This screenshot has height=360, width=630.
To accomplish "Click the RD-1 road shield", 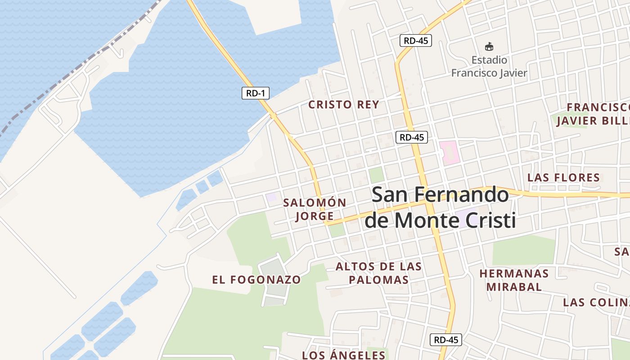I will click(x=256, y=93).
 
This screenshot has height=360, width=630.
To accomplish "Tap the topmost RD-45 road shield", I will click(x=415, y=40).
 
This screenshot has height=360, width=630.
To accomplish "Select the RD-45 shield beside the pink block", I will click(x=411, y=137).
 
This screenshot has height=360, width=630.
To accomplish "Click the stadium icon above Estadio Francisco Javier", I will click(x=489, y=46).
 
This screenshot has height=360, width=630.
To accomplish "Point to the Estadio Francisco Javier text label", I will click(x=489, y=66).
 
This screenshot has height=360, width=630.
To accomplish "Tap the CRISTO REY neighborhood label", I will click(x=343, y=105).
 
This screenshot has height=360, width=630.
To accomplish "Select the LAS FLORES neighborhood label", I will click(x=563, y=177).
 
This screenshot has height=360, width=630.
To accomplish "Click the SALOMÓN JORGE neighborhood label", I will click(x=315, y=210).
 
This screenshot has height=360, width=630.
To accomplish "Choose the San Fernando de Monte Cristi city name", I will click(x=440, y=207).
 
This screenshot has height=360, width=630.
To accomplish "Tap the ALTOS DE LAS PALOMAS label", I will click(x=378, y=273).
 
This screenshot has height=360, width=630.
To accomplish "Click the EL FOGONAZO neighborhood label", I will click(x=256, y=279).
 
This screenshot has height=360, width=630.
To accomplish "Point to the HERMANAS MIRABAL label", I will click(x=514, y=280).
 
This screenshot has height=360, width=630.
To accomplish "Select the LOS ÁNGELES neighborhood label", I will click(x=344, y=355).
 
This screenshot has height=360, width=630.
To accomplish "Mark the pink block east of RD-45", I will click(x=450, y=152).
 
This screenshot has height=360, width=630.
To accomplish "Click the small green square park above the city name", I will click(x=376, y=175).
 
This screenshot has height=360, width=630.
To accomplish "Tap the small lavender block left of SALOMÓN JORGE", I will click(x=271, y=197).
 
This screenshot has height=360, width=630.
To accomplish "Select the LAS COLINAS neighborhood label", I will click(x=596, y=302).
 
